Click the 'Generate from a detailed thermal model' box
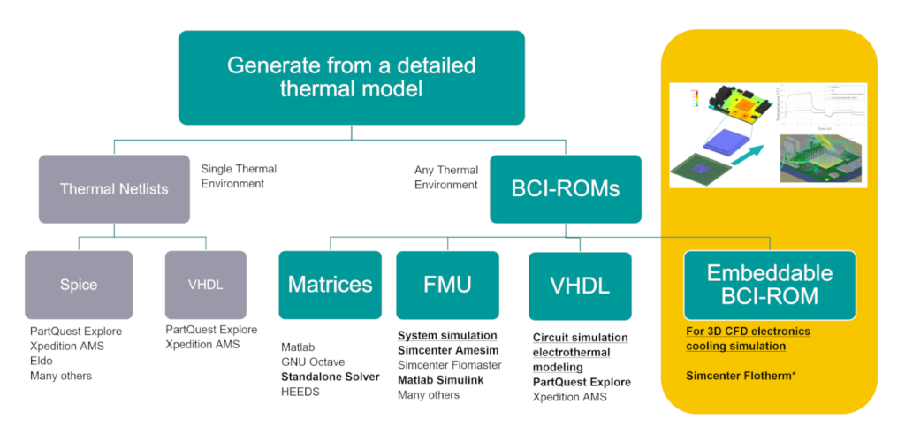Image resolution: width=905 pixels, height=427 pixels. pyautogui.click(x=351, y=77)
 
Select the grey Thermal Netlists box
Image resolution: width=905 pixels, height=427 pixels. pyautogui.click(x=114, y=188)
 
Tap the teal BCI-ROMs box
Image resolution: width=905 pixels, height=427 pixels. pyautogui.click(x=566, y=188)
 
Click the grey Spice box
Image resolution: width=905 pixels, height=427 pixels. pyautogui.click(x=79, y=285)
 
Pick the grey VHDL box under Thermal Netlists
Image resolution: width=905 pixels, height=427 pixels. pyautogui.click(x=205, y=285)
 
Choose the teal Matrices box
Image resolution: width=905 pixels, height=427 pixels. pyautogui.click(x=330, y=285)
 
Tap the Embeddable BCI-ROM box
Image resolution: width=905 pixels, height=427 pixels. pyautogui.click(x=769, y=285)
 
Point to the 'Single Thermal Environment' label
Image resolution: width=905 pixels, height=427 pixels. pyautogui.click(x=239, y=176)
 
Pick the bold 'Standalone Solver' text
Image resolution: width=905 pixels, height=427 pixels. pyautogui.click(x=330, y=377)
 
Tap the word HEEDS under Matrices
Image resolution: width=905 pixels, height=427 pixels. pyautogui.click(x=300, y=392)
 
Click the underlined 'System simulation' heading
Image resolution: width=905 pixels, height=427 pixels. pyautogui.click(x=446, y=336)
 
